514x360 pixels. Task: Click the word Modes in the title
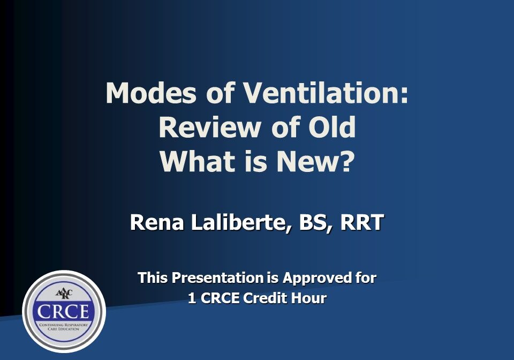click(x=151, y=93)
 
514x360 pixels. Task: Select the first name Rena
click(x=157, y=222)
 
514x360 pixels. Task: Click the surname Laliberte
click(x=240, y=223)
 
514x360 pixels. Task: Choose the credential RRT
click(x=362, y=222)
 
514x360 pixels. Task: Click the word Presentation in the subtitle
click(x=218, y=278)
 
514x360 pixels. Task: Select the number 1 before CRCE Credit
click(x=192, y=298)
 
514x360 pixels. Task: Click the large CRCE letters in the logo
click(x=63, y=311)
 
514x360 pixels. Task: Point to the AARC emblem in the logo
click(x=64, y=293)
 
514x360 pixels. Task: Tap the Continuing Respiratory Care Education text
click(x=63, y=327)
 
